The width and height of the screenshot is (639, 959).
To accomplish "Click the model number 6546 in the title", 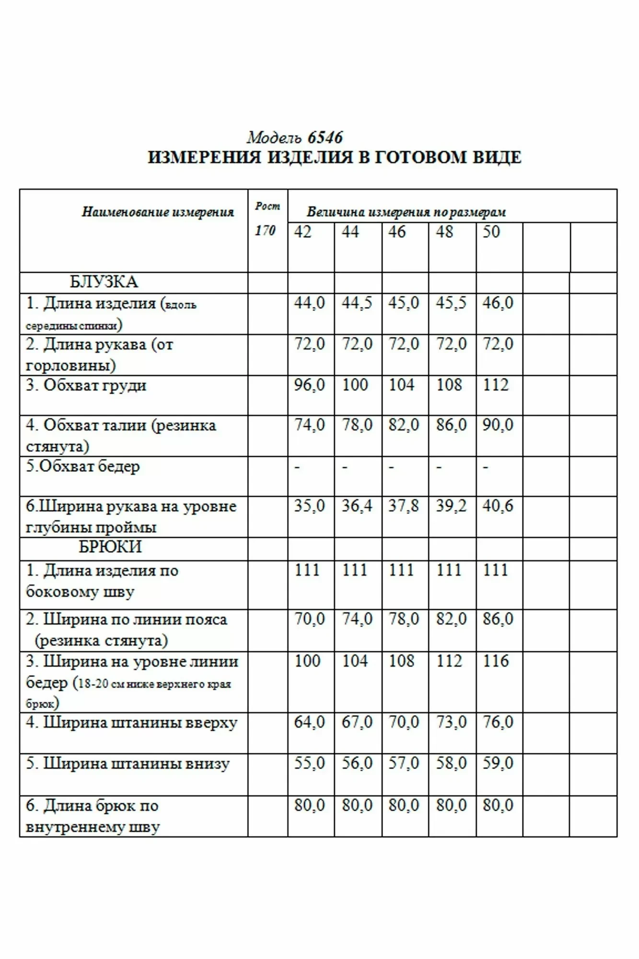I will pos(325,138).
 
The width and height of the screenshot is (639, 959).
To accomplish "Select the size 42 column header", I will pos(302,232).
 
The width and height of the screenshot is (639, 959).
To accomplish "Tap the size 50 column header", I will pos(491,232).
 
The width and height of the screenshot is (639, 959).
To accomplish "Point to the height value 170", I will pos(265,231).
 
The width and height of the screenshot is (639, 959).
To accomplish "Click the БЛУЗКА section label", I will pos(104,282).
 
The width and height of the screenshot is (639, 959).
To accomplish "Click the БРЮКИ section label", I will pos(110,547).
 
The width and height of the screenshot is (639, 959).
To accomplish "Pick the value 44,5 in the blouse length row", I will pos(357,303).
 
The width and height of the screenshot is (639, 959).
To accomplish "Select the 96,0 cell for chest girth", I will pos(309,385).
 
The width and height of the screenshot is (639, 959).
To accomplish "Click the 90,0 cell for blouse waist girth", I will pos(498,425).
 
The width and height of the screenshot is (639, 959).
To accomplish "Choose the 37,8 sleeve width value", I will pos(404,506).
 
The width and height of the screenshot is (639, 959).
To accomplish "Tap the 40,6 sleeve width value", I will pos(498,506).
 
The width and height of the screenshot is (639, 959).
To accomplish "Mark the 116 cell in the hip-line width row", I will pos(496,661).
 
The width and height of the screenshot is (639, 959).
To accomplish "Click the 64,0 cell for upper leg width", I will pos(309,722).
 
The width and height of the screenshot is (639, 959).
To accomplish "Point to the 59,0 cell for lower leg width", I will pos(498,763).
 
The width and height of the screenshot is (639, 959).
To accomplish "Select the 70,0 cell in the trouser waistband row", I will pos(309,619).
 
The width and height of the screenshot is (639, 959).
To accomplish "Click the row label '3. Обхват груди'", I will pos(86,386).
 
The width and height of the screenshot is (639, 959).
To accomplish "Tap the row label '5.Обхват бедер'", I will pos(83,467).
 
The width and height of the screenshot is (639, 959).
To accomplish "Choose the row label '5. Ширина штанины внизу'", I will pos(128,763).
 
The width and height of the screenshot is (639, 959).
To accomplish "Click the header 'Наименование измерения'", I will pos(158,212).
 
